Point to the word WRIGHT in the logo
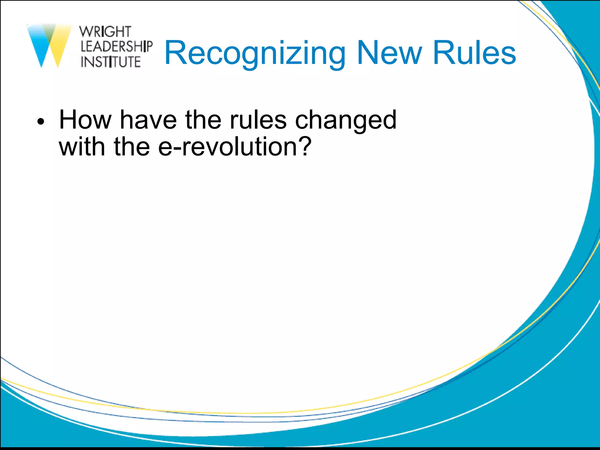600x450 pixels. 105,32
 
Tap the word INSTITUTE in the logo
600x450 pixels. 111,62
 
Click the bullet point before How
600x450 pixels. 41,122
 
